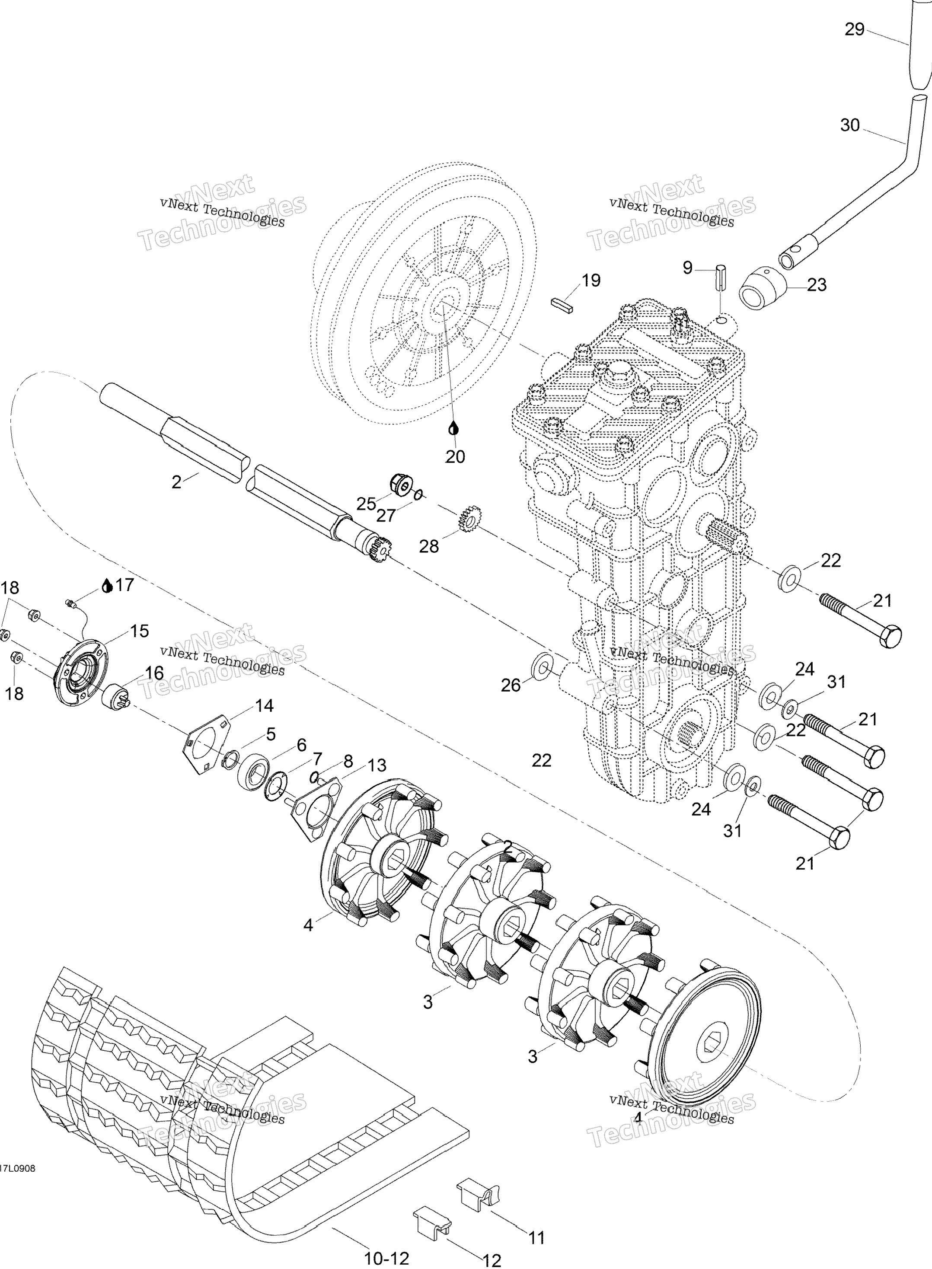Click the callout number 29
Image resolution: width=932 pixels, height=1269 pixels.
pos(854,29)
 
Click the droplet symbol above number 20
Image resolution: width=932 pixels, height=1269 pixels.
pos(453,429)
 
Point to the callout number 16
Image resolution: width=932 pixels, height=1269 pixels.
pos(154,673)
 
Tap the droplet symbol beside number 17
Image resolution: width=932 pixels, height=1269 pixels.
pos(107,586)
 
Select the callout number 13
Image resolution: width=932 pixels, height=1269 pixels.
pos(377,765)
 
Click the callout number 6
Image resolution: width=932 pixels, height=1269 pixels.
pos(301,745)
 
